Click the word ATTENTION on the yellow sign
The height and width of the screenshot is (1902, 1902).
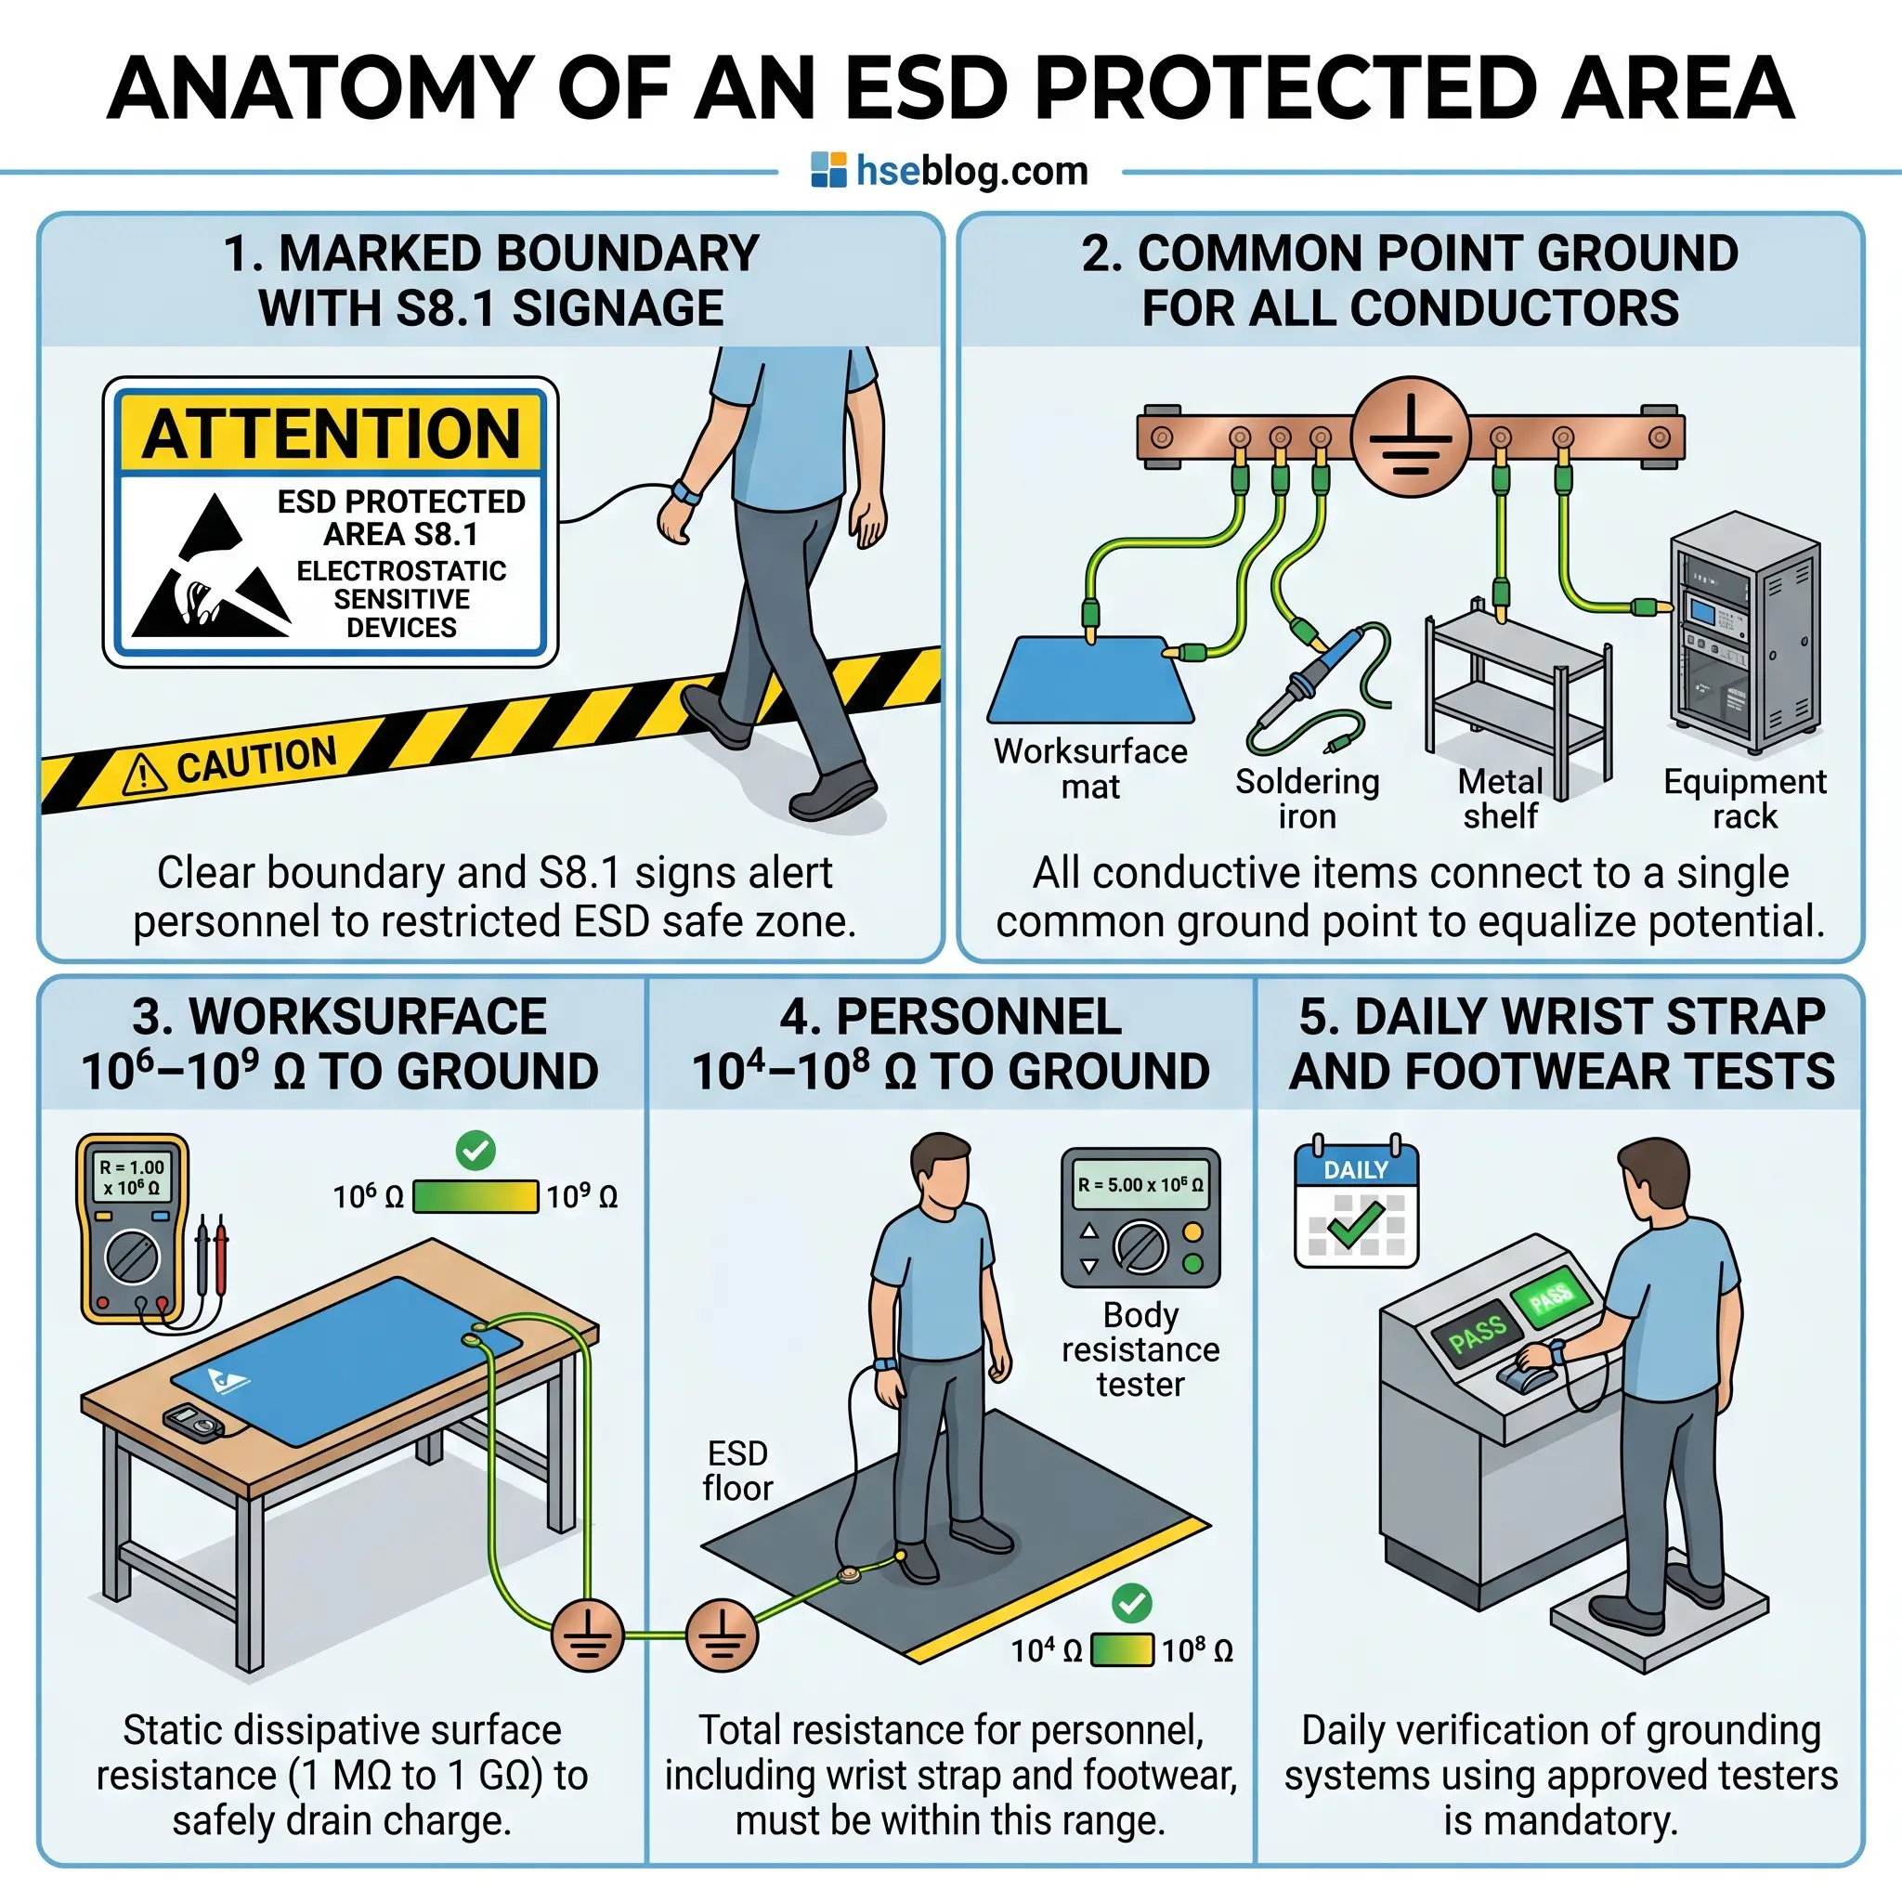[331, 433]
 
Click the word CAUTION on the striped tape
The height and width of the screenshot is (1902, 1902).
[257, 760]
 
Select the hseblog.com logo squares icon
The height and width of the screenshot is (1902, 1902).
[827, 170]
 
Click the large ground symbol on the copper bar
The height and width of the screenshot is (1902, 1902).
[1411, 436]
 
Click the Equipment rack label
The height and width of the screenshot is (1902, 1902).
[1744, 799]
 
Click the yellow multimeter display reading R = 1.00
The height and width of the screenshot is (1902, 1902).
[132, 1177]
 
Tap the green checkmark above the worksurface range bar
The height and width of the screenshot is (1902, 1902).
[475, 1150]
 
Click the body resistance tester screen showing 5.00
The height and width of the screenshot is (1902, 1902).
[1140, 1185]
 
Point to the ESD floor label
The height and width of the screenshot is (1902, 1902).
[737, 1470]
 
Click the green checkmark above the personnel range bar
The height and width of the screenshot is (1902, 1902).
[1132, 1603]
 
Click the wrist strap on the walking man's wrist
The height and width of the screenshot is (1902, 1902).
[686, 490]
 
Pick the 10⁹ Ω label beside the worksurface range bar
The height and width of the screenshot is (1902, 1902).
[581, 1196]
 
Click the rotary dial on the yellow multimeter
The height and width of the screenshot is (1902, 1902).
[132, 1257]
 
